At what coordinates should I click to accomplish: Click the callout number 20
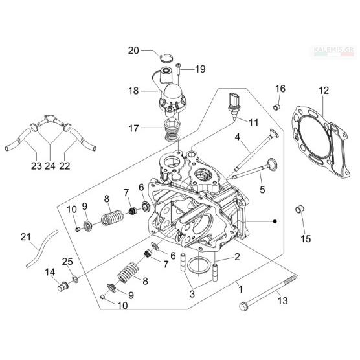pyautogui.click(x=133, y=51)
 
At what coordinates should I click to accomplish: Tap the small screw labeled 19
pyautogui.click(x=179, y=69)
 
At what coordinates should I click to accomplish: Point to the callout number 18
pyautogui.click(x=133, y=91)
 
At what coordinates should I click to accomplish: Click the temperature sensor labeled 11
pyautogui.click(x=234, y=106)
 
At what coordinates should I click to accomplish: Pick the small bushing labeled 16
pyautogui.click(x=277, y=107)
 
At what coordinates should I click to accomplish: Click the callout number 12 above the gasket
pyautogui.click(x=324, y=91)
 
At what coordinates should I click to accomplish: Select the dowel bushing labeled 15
pyautogui.click(x=300, y=209)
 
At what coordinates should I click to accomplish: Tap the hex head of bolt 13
pyautogui.click(x=243, y=306)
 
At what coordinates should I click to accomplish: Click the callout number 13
pyautogui.click(x=282, y=301)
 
